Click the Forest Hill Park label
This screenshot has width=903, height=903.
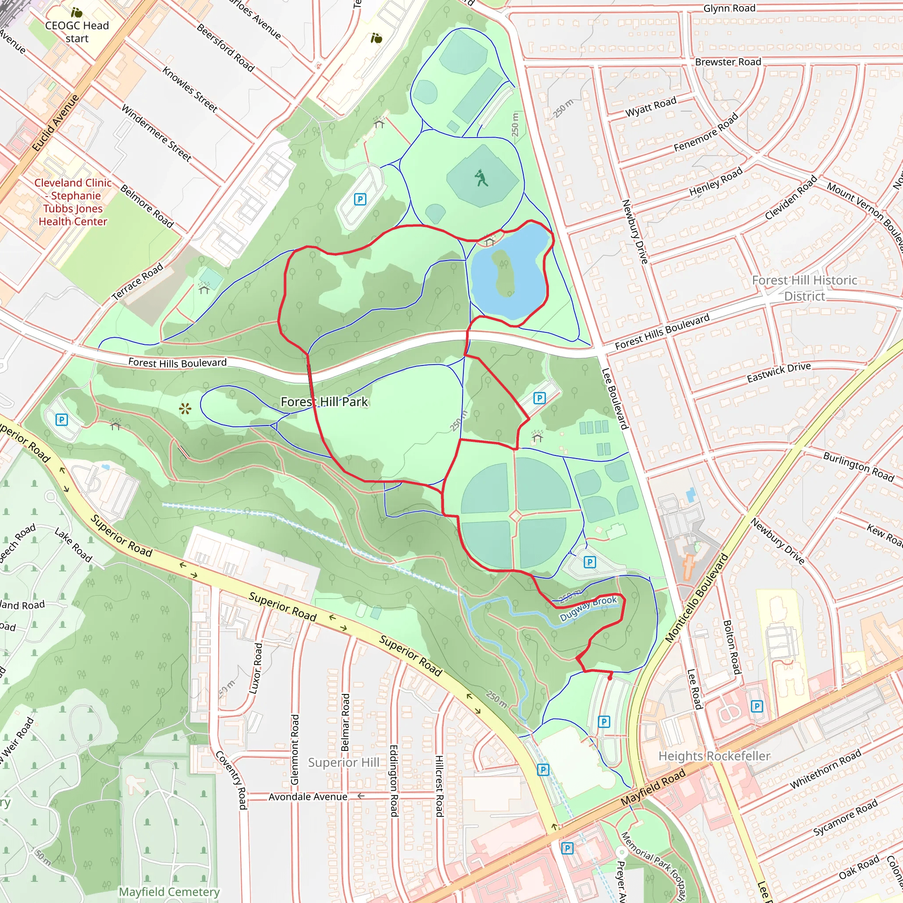(325, 402)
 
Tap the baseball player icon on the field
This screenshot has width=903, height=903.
(481, 178)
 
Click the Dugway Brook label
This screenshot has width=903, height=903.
(588, 608)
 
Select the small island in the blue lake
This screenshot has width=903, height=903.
(504, 273)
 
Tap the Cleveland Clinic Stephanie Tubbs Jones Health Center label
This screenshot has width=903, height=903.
(73, 202)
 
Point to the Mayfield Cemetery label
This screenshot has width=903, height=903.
(169, 892)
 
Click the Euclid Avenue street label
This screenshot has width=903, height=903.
(56, 123)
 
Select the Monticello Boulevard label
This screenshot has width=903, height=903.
(697, 598)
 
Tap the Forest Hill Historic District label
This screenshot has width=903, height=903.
(804, 288)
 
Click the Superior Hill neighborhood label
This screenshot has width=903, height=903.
(343, 762)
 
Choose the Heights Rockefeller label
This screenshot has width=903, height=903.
(714, 756)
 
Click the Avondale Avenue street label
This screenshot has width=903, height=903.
(308, 796)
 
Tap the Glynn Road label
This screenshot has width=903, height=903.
(729, 8)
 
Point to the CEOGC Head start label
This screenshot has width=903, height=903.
(77, 32)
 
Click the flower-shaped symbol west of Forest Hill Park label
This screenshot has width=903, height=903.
(185, 410)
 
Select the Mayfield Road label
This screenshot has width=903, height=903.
(653, 787)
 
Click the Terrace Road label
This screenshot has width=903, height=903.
(138, 281)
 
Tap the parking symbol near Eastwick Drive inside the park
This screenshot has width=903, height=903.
(539, 398)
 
